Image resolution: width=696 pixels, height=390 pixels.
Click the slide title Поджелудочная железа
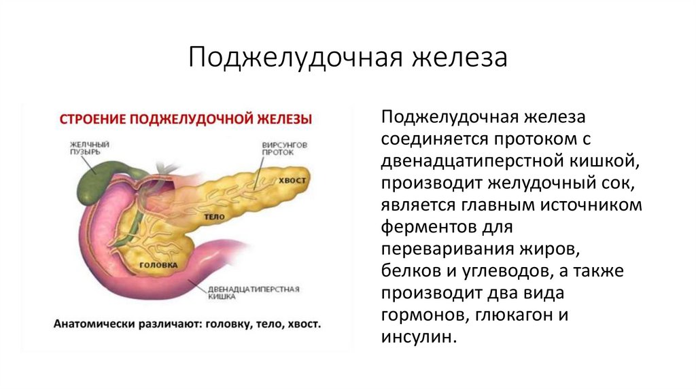coord(347,57)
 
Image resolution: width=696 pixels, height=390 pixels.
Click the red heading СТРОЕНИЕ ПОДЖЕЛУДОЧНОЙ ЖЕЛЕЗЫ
coord(186,119)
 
